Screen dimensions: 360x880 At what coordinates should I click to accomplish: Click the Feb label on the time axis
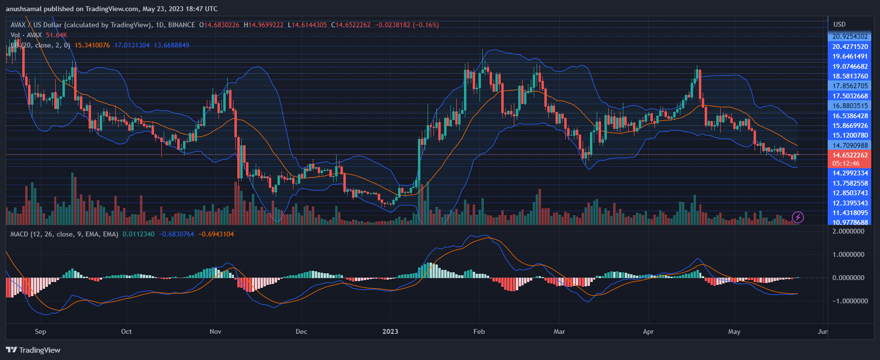coord(479,331)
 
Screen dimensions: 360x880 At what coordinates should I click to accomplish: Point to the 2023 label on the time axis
coord(390,331)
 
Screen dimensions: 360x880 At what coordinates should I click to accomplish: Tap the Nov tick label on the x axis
coord(216,331)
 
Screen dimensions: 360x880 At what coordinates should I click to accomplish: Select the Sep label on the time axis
coord(41,331)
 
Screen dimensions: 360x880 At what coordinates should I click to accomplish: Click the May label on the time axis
coord(734,331)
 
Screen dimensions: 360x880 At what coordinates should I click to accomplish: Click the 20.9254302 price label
coord(850,36)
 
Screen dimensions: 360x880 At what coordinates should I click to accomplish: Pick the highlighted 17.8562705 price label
coord(850,86)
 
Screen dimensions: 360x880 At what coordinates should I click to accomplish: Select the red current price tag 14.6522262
coord(850,155)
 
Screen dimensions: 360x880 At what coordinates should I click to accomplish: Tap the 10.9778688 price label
coord(850,222)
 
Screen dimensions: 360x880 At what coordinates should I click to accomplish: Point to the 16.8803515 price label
coord(850,106)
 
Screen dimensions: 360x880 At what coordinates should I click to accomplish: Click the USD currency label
coord(839,24)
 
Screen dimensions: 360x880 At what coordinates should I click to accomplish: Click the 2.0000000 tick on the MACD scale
coord(848,231)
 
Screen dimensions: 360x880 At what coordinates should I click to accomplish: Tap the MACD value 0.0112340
coord(139,234)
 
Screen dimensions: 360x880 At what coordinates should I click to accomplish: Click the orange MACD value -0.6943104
coord(216,234)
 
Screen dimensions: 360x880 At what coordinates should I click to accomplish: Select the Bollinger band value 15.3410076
coord(92,45)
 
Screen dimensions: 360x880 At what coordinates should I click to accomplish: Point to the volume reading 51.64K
coord(56,35)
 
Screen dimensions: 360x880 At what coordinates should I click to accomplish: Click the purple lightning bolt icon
coord(798,217)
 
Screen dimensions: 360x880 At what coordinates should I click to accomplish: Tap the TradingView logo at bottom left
coord(33,350)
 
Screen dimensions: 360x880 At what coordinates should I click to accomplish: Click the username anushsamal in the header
coord(24,9)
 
